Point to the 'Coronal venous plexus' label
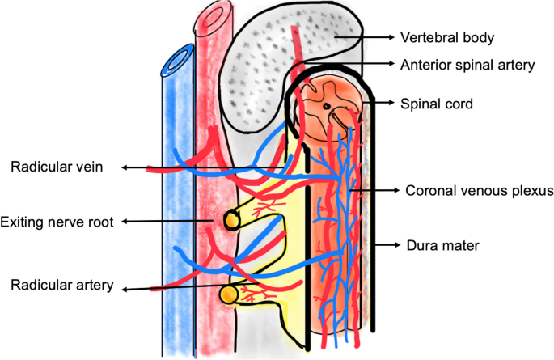tap(478, 191)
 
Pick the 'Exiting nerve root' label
tap(56, 221)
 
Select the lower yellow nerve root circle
tap(230, 294)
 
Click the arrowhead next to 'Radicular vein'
tap(125, 168)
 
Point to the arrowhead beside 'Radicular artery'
tap(122, 289)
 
